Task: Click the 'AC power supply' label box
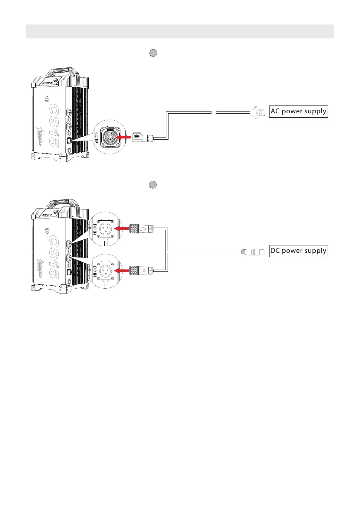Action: coord(298,111)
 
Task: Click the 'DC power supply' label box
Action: coord(298,251)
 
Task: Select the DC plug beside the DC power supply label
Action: coord(252,251)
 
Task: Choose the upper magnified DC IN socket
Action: coord(105,229)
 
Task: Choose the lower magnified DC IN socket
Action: coord(105,271)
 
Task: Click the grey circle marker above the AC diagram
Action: coord(153,53)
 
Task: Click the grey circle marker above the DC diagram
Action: coord(153,185)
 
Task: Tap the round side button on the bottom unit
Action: coord(47,231)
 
